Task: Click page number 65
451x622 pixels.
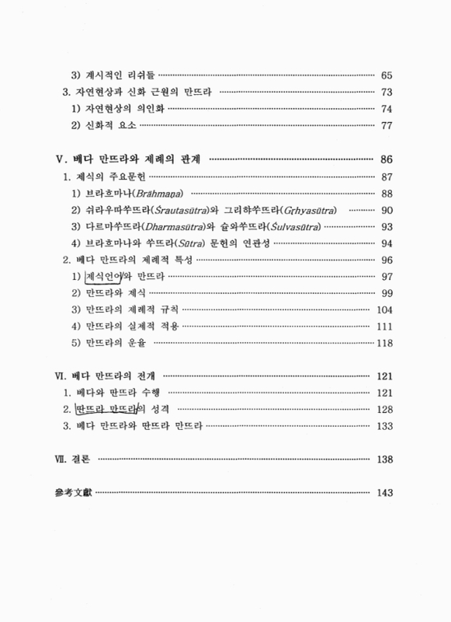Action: point(388,75)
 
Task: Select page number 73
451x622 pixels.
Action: point(388,92)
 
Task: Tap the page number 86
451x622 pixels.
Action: point(388,159)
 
